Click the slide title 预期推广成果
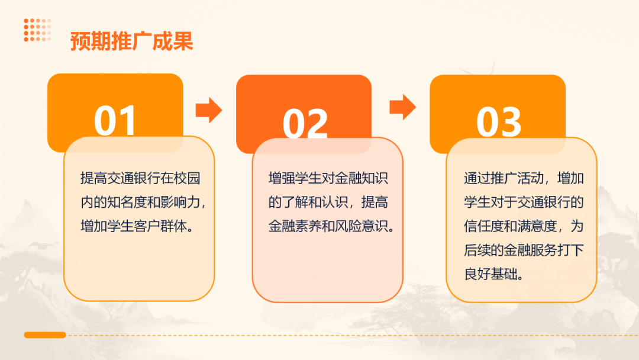[132, 42]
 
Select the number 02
[305, 123]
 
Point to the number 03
[499, 122]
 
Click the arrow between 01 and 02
[208, 110]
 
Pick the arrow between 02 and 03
[402, 107]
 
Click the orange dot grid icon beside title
[37, 30]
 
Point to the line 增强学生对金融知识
[328, 178]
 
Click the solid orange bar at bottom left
[45, 335]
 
